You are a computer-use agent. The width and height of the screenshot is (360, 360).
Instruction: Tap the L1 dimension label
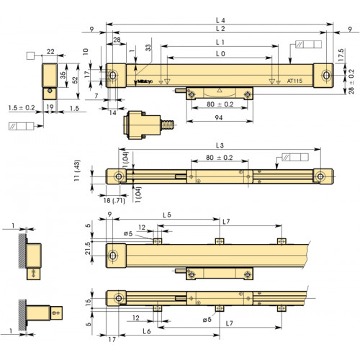(220, 43)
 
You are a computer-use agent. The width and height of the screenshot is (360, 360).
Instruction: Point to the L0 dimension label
(220, 55)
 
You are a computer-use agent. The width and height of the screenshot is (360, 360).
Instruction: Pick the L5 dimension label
(166, 215)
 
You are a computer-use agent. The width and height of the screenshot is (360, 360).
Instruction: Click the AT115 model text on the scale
(294, 81)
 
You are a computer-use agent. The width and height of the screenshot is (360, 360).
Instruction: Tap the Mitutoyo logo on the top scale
(143, 79)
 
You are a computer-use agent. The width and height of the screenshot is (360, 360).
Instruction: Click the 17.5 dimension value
(341, 55)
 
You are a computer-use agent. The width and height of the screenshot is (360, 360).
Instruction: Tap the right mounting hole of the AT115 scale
(326, 76)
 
